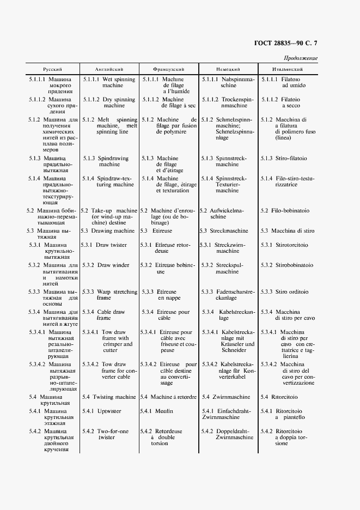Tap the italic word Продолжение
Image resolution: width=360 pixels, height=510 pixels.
pos(300,58)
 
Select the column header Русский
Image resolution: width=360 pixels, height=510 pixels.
pos(53,70)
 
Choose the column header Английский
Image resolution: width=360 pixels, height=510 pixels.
pos(109,70)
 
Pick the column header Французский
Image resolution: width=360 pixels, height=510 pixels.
pos(168,70)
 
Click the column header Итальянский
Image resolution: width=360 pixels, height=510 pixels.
pos(288,70)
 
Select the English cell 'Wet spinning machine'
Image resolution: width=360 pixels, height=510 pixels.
pos(113,82)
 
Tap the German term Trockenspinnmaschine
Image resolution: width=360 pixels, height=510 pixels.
pos(231,102)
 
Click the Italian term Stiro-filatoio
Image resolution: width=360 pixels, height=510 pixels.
pos(291,159)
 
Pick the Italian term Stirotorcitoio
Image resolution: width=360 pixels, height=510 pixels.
pos(291,245)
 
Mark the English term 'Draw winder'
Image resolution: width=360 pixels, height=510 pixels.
pos(113,265)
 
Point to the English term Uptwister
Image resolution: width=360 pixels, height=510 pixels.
pos(108,411)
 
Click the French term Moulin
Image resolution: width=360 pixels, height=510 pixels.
pos(164,411)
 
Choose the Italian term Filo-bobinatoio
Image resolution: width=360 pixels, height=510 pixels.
pos(291,211)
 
